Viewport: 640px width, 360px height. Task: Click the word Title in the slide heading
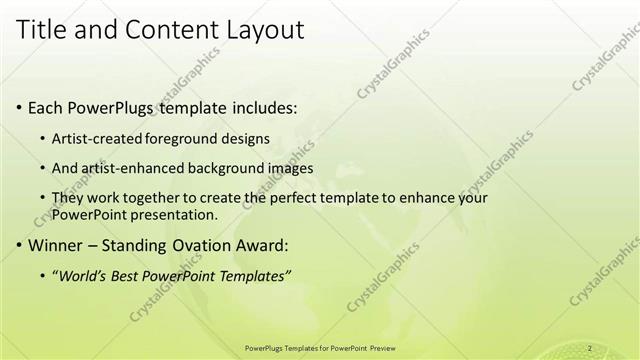[45, 30]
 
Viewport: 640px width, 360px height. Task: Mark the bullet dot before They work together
[42, 198]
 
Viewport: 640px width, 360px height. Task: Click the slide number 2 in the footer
[590, 348]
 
